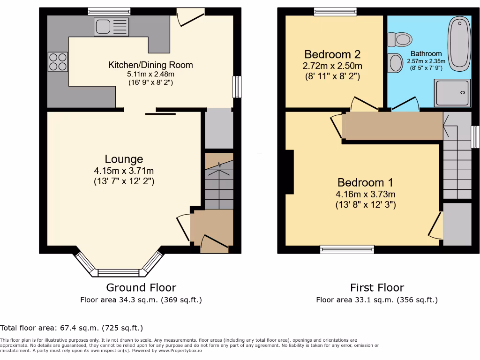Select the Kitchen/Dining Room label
(150, 65)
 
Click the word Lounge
(124, 159)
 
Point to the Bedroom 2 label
(332, 54)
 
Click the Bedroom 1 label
(365, 182)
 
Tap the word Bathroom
(426, 53)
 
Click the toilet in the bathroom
(399, 39)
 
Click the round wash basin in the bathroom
(396, 62)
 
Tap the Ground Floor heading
(141, 287)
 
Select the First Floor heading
(377, 287)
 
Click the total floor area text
(72, 328)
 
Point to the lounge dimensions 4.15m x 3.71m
(124, 171)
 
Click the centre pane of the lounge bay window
(119, 272)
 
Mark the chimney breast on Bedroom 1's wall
(289, 172)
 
